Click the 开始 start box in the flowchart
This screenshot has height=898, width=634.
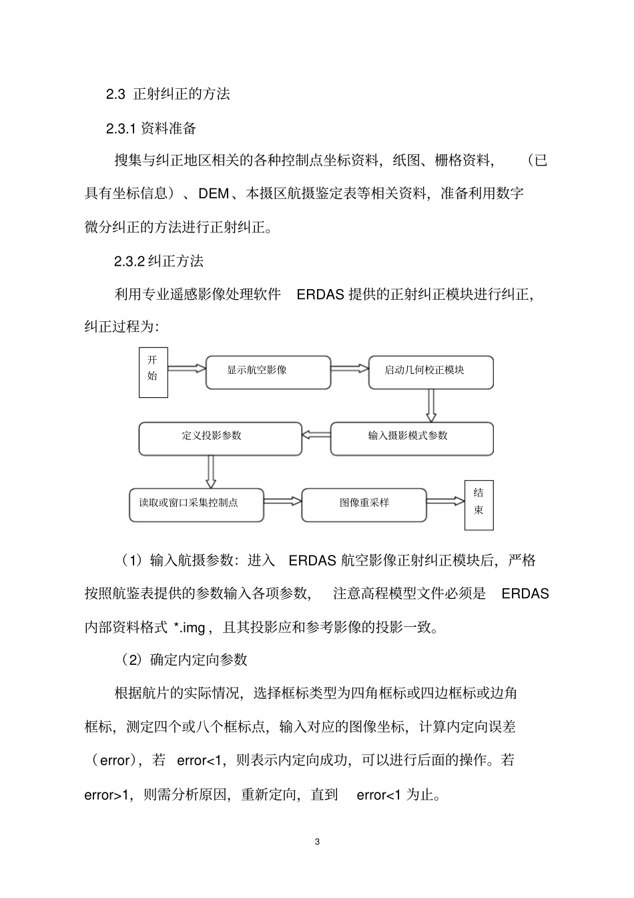pyautogui.click(x=153, y=372)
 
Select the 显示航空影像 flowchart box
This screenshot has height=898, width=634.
pyautogui.click(x=268, y=372)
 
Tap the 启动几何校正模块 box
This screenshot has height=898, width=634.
pyautogui.click(x=430, y=372)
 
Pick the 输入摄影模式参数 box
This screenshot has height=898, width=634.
pyautogui.click(x=412, y=438)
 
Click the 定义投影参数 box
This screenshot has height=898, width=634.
pyautogui.click(x=220, y=438)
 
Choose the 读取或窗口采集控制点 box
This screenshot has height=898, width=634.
pyautogui.click(x=196, y=505)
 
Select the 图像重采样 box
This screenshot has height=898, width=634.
pyautogui.click(x=364, y=505)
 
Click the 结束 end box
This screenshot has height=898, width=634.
pyautogui.click(x=479, y=505)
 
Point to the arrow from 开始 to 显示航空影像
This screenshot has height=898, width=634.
pyautogui.click(x=186, y=367)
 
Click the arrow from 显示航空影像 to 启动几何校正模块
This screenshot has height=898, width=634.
pyautogui.click(x=350, y=367)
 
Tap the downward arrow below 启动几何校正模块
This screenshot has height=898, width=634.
pyautogui.click(x=431, y=405)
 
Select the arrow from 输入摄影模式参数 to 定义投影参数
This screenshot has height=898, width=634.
pyautogui.click(x=316, y=435)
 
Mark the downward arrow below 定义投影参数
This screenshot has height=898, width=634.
pyautogui.click(x=211, y=471)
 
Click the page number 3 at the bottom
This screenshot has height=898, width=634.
pyautogui.click(x=317, y=841)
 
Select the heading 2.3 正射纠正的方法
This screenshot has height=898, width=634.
pyautogui.click(x=168, y=94)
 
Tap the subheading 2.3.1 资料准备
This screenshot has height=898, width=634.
pyautogui.click(x=151, y=128)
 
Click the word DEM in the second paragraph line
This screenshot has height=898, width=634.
pyautogui.click(x=214, y=194)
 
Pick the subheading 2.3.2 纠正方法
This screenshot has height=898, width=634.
pyautogui.click(x=159, y=261)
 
